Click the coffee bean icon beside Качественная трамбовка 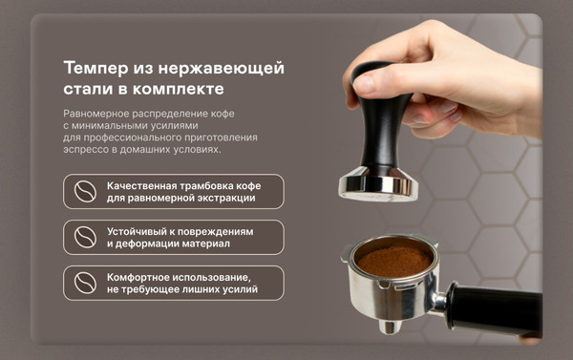[86, 191]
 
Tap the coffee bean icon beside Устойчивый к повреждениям [86, 237]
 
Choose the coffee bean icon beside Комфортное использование [86, 283]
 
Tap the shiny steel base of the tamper [378, 185]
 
